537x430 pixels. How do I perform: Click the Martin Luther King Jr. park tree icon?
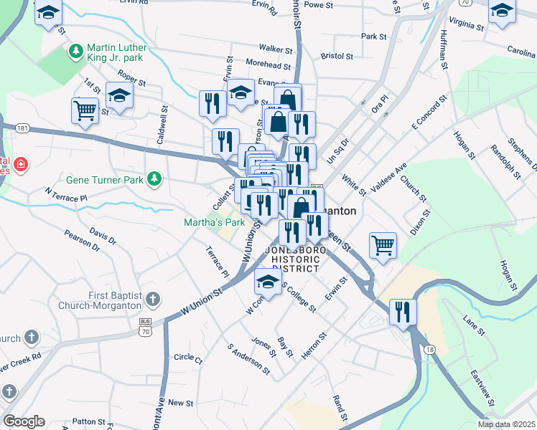[75, 52]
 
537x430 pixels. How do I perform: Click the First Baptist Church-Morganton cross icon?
[152, 299]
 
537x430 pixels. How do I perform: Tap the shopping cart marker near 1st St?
[85, 112]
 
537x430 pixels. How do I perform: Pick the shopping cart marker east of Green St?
[382, 245]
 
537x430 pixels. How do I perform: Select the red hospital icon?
[22, 165]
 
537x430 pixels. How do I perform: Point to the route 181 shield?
[22, 128]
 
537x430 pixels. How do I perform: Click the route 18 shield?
[429, 349]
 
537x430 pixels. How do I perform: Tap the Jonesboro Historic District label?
[292, 259]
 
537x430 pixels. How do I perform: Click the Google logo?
[24, 421]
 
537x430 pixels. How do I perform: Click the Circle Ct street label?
[188, 357]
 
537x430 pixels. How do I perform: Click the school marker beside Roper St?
[119, 96]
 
